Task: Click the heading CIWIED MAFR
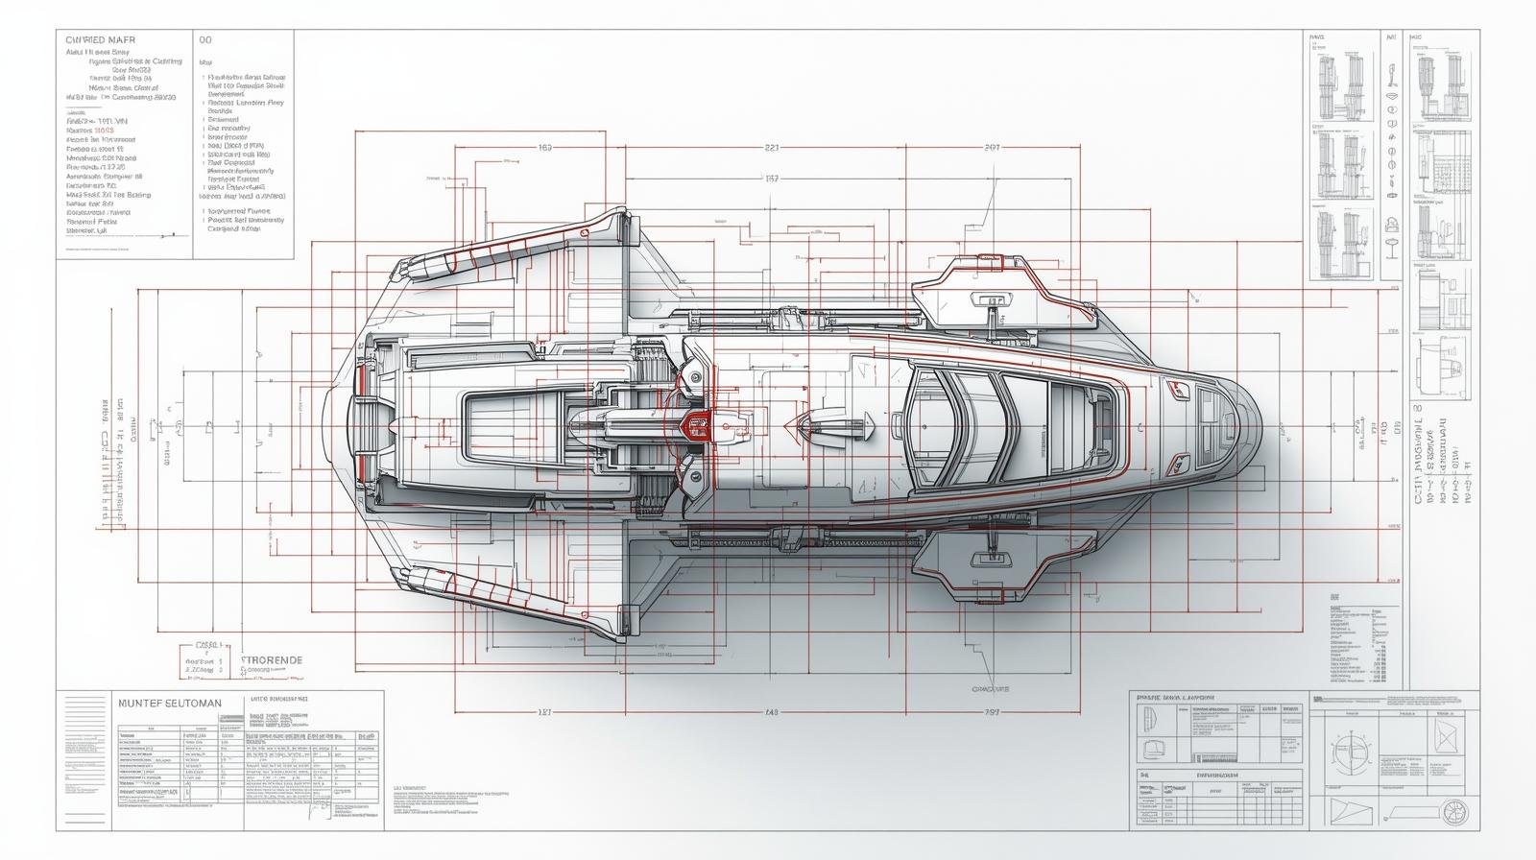pos(101,40)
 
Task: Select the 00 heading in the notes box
pos(204,40)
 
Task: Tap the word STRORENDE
pos(272,660)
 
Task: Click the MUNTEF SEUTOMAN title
pos(169,704)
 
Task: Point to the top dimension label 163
pos(545,148)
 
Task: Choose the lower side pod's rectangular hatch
pos(989,558)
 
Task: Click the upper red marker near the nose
pos(1177,388)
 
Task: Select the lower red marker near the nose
pos(1177,467)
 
